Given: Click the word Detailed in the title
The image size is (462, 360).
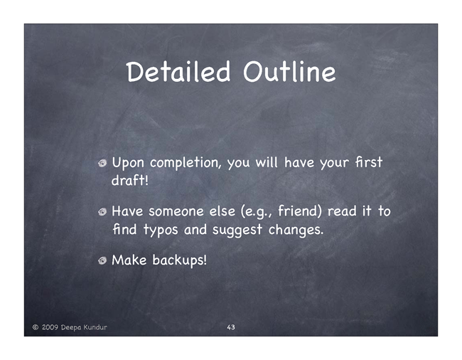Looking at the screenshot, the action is click(x=178, y=72).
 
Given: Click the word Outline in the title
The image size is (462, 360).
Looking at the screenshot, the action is click(x=289, y=72).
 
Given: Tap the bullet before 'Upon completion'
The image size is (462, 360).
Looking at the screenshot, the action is click(x=102, y=163).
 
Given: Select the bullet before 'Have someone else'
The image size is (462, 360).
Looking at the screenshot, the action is click(x=102, y=212).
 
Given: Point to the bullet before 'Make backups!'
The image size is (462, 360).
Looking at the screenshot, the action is click(x=102, y=260).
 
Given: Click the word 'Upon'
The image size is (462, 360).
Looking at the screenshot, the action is click(x=127, y=163).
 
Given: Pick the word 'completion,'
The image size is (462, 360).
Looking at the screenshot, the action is click(x=186, y=163).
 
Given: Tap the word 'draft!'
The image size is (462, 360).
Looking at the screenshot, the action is click(x=129, y=180).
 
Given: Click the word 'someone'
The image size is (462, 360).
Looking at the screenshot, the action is click(x=176, y=211).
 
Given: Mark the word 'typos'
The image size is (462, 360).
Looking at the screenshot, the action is click(x=161, y=230).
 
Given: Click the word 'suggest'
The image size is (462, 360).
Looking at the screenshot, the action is click(x=237, y=231).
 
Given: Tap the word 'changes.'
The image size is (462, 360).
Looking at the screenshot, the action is click(x=296, y=229).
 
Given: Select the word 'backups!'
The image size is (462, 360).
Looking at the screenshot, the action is click(x=179, y=260).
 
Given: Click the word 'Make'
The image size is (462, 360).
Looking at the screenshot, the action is click(x=129, y=260).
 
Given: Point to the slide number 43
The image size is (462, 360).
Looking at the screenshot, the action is click(x=231, y=327).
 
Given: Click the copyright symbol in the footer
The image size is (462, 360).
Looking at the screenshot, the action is click(x=36, y=327).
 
